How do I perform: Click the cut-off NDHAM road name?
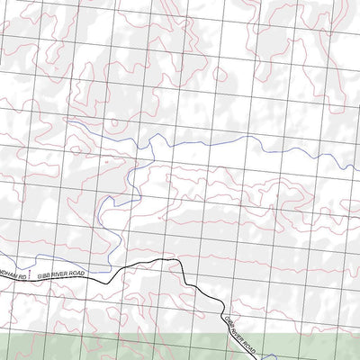pyautogui.click(x=8, y=278)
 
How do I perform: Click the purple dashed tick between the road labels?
pyautogui.click(x=31, y=272)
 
